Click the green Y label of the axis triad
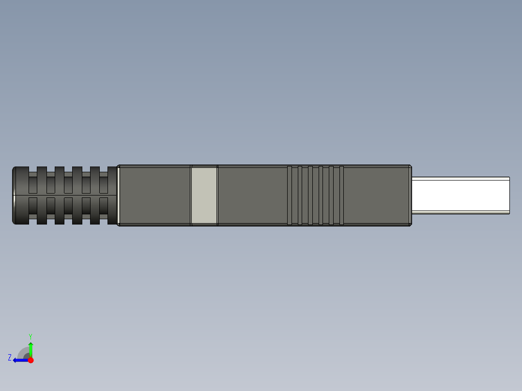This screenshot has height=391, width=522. [30, 336]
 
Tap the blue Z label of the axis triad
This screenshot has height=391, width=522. [10, 358]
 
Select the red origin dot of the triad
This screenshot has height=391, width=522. [31, 360]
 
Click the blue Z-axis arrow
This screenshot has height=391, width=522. [19, 360]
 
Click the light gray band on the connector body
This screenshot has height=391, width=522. [204, 195]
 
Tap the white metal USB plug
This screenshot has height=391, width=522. [460, 195]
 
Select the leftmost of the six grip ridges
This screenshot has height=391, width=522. [290, 195]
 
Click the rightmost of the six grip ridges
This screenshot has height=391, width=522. [341, 195]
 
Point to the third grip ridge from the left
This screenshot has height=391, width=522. [310, 195]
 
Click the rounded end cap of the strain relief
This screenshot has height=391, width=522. [19, 195]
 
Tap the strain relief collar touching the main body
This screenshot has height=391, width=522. [112, 195]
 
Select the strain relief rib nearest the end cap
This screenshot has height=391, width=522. [42, 195]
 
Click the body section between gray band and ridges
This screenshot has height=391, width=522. [252, 195]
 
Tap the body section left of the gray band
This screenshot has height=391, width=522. [154, 195]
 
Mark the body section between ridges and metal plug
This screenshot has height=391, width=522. [376, 195]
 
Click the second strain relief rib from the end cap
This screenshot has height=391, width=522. [59, 195]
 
